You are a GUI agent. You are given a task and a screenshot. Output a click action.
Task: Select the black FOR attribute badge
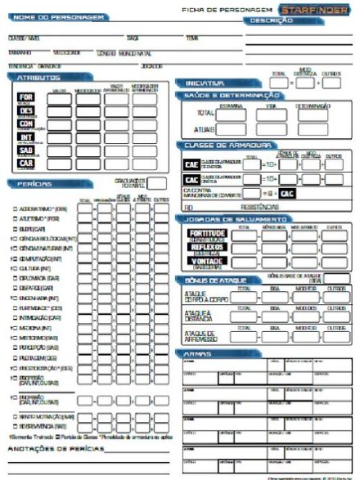[x=25, y=95]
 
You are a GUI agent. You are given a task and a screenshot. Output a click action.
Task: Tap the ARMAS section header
[x=196, y=352]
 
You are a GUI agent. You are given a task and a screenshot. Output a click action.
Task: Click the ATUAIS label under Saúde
[x=205, y=129]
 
